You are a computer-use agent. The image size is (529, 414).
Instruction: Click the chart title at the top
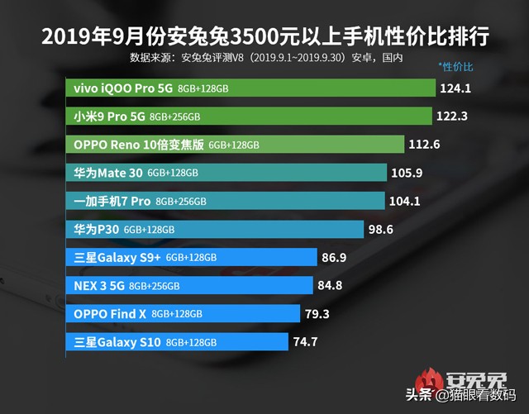pyautogui.click(x=264, y=36)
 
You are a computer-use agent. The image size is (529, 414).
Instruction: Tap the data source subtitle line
pyautogui.click(x=265, y=58)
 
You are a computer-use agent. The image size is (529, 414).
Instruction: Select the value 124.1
pyautogui.click(x=462, y=88)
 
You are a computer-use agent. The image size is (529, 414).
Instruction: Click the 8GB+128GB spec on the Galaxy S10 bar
pyautogui.click(x=191, y=342)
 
